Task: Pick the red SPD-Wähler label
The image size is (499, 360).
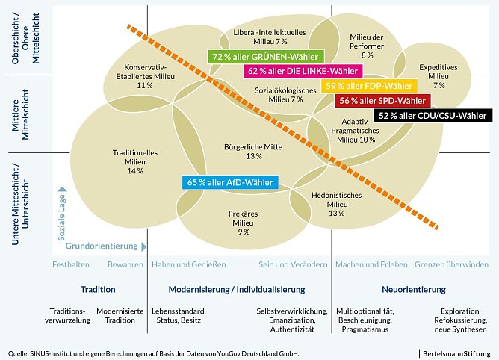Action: [x=383, y=100]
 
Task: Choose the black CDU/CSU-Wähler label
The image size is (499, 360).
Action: [x=433, y=115]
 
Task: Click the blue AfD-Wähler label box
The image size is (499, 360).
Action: [x=229, y=182]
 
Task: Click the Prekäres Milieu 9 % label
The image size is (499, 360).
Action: [x=244, y=223]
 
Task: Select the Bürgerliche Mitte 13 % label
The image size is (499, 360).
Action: [x=253, y=152]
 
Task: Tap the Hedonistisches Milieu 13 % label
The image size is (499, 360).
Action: [x=336, y=204]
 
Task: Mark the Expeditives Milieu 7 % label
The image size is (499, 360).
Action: [x=438, y=75]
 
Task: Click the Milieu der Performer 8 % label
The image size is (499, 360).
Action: [x=367, y=45]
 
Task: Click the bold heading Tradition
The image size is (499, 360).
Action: [x=98, y=289]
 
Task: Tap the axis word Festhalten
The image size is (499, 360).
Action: [x=71, y=264]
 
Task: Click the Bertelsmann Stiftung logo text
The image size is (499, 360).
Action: [x=455, y=352]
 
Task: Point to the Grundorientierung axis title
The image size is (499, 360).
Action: [x=102, y=246]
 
